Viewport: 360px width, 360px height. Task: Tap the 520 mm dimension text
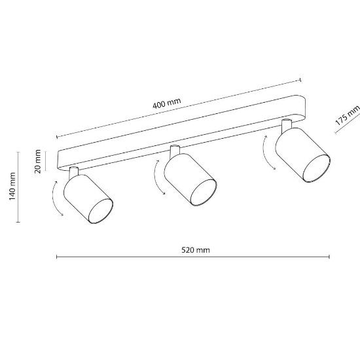(196, 250)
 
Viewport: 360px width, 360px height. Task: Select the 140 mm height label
(12, 186)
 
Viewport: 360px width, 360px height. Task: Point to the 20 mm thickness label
(38, 162)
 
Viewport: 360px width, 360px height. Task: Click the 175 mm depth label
(348, 116)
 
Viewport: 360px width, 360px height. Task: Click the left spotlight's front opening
(101, 211)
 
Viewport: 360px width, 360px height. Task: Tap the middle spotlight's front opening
(204, 192)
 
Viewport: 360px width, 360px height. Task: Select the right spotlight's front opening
(317, 168)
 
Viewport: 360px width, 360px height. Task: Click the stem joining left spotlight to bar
(73, 172)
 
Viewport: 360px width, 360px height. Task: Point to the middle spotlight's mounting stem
(175, 151)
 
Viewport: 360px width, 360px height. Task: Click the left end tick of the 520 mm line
(57, 257)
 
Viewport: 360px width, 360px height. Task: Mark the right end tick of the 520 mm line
(329, 257)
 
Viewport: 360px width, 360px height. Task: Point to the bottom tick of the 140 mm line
(18, 222)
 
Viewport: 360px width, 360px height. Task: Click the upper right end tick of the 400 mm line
(300, 80)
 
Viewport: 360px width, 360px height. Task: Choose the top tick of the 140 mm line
(18, 152)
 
